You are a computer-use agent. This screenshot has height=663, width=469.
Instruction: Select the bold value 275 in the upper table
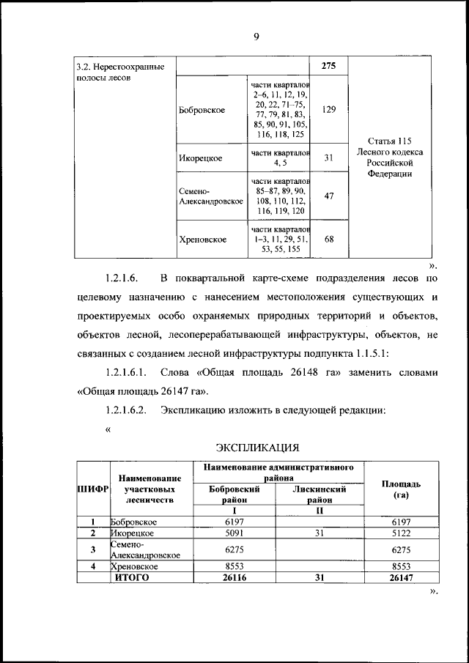click(x=329, y=67)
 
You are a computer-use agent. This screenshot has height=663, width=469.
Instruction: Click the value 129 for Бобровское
click(x=329, y=109)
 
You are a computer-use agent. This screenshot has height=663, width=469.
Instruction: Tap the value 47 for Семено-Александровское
click(x=329, y=196)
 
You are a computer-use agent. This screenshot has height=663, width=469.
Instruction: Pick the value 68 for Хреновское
click(x=329, y=239)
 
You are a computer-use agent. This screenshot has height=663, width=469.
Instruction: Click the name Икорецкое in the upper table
click(x=200, y=158)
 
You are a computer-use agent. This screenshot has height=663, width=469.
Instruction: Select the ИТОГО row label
click(x=131, y=577)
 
